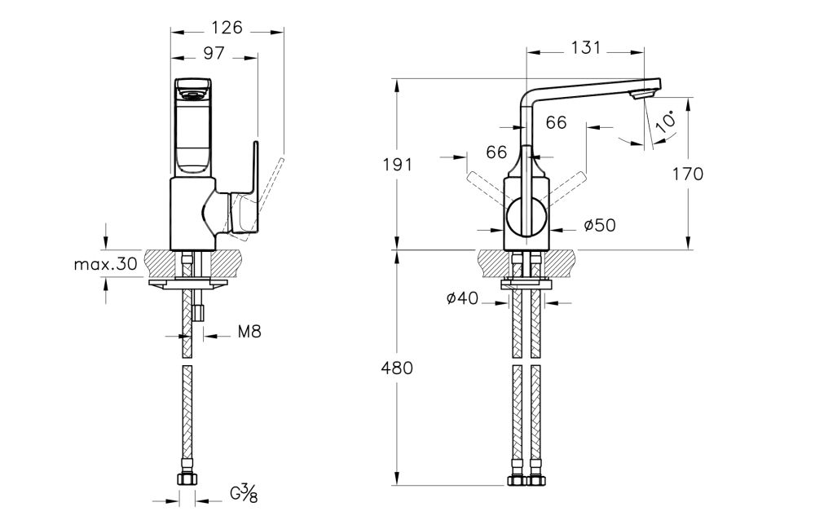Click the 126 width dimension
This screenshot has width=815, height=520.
click(x=227, y=28)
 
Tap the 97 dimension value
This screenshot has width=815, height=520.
click(x=214, y=53)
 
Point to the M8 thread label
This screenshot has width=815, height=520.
click(x=250, y=332)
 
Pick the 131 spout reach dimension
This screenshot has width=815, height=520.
click(x=586, y=47)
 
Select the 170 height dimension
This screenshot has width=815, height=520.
click(x=689, y=173)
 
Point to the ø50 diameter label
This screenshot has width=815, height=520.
click(x=600, y=226)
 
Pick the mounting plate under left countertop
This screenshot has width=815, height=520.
click(x=188, y=283)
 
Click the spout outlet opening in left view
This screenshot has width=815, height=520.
click(x=192, y=96)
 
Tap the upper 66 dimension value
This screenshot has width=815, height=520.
click(x=556, y=123)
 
